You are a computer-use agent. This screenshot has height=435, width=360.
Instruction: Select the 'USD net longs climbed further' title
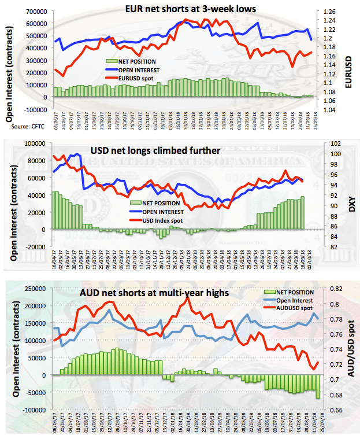pyautogui.click(x=155, y=150)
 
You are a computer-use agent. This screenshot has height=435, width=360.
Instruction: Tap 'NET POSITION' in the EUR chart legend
pyautogui.click(x=136, y=61)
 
